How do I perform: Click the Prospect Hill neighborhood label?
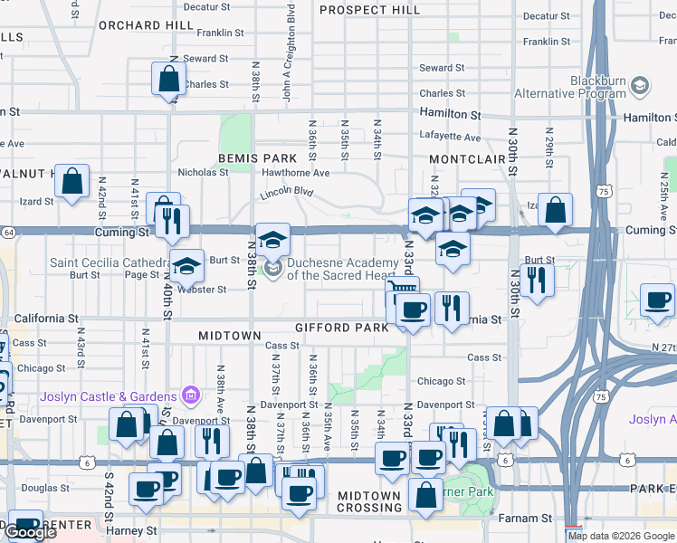click(370, 10)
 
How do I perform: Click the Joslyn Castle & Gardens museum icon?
click(190, 395)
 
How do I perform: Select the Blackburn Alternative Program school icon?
click(640, 86)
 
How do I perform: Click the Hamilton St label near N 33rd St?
click(450, 115)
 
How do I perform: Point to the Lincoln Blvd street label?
click(286, 193)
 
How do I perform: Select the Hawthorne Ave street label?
click(295, 172)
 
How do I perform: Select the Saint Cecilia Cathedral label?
click(110, 262)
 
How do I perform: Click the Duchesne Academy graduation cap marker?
click(272, 240)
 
